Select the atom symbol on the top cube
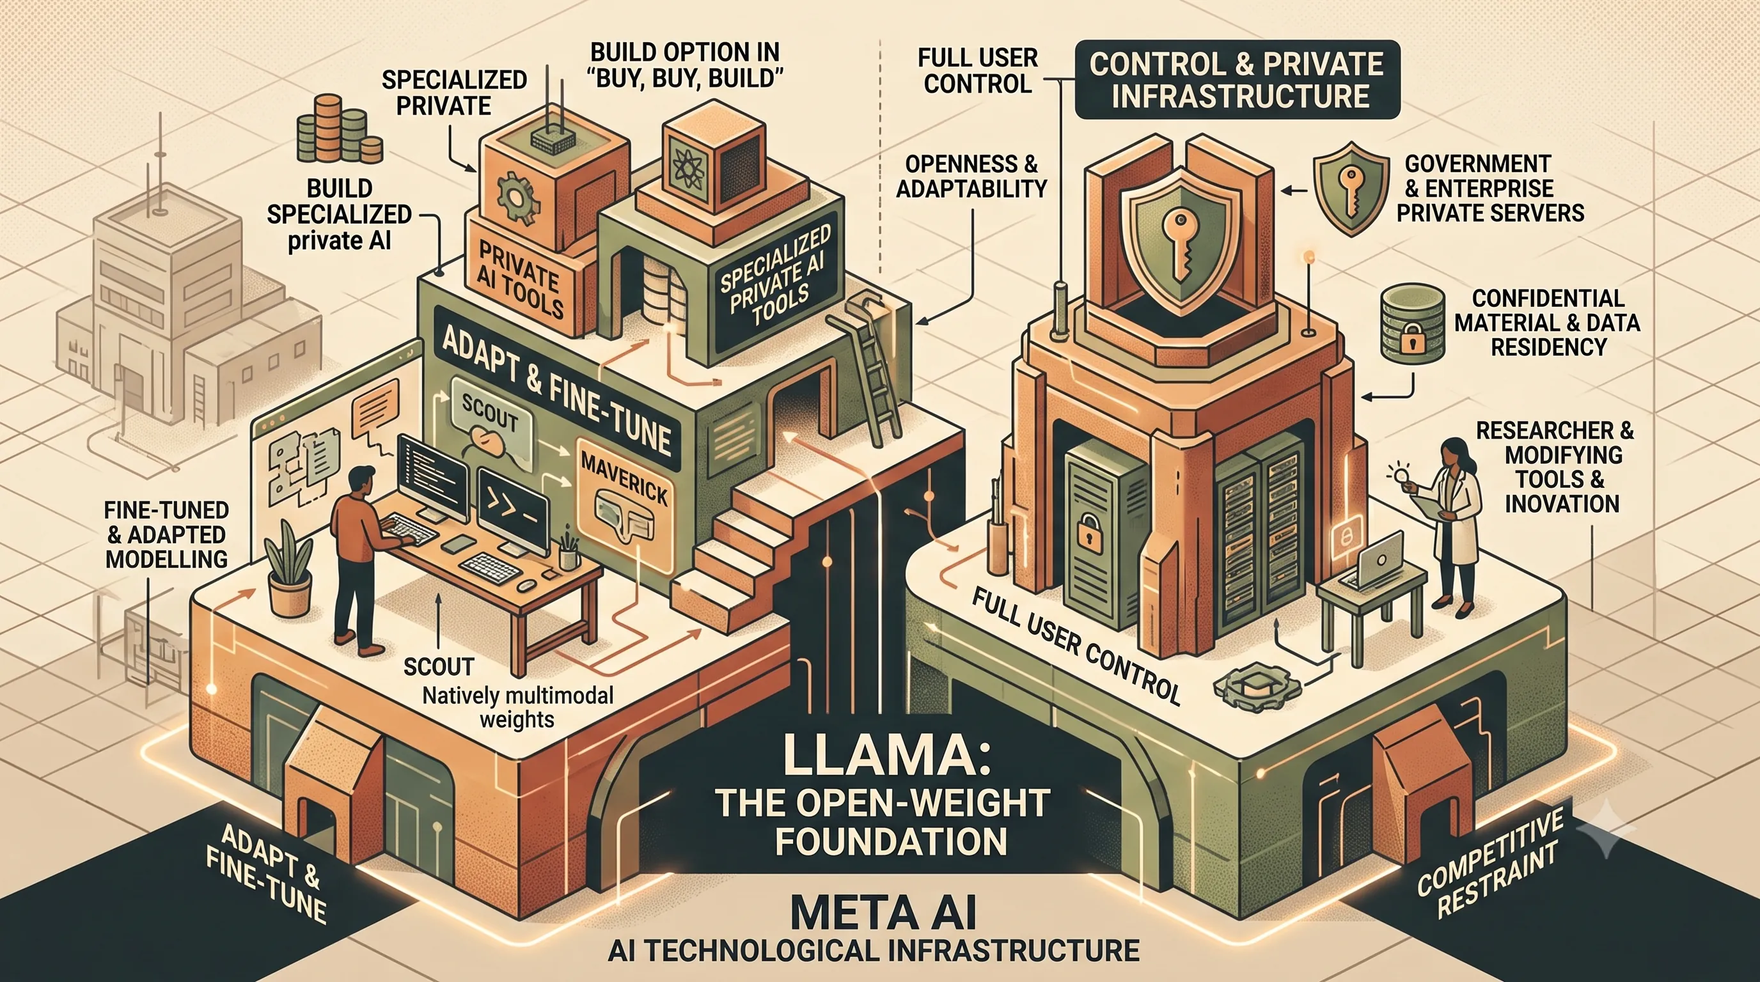[686, 168]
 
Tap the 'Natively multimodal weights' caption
[517, 708]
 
